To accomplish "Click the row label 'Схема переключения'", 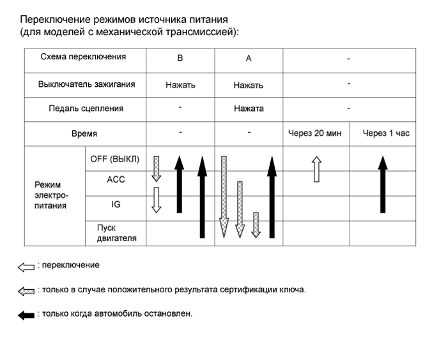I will coord(83,57).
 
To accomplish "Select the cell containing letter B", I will coord(180,58).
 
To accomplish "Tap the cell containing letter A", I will coord(249,58).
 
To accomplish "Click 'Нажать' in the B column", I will coord(180,84).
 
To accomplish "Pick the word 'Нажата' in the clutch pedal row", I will coord(249,109).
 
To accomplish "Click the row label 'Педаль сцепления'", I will coord(86,109).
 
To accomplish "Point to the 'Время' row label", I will coord(84,134).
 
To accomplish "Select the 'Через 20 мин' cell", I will coord(316,133).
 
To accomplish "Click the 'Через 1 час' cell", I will coord(382,133).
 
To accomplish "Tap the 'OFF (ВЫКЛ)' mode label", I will coord(115,158).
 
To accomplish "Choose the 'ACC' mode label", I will coord(116,180).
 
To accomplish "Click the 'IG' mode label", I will coord(116,204).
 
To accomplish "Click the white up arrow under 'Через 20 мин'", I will coord(316,169).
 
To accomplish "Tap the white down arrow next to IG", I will coord(156,199).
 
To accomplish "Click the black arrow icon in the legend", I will coord(26,315).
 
